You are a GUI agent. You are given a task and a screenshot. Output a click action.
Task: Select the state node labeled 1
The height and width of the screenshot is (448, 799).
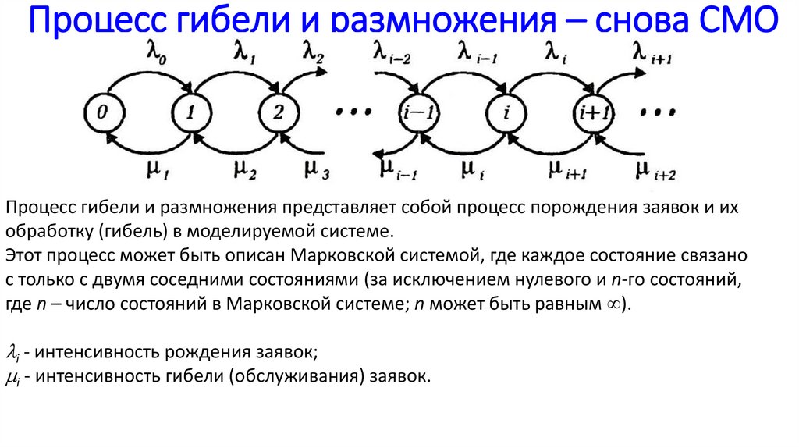click(189, 112)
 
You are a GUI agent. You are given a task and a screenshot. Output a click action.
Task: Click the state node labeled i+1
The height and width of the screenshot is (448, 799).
click(595, 113)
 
